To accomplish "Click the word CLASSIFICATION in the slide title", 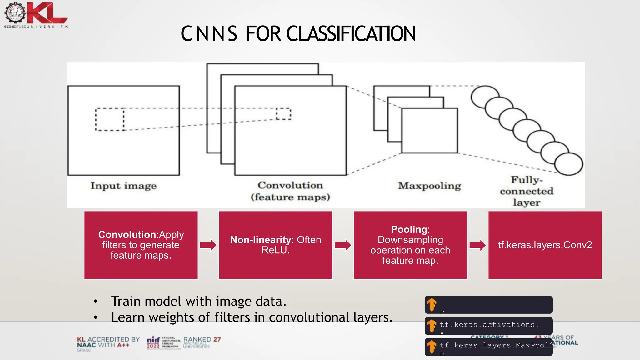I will click(351, 34).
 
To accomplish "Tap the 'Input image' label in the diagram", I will click(123, 186).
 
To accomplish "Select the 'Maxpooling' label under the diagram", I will click(429, 186).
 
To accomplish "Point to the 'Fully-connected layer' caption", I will click(527, 191).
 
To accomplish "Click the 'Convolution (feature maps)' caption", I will click(290, 191).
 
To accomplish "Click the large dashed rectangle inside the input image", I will click(110, 119).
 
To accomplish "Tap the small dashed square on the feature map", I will click(283, 114).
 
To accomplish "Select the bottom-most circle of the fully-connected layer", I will click(568, 164).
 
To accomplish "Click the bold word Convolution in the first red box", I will click(127, 235).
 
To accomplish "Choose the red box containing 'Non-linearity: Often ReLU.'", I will click(276, 245).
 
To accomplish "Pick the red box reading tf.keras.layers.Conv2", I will click(545, 245).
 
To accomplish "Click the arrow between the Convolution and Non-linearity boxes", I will click(208, 245).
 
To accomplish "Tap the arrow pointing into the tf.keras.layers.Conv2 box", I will click(477, 245).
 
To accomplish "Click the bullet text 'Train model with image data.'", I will click(198, 302).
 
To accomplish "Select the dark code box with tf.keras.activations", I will click(488, 326).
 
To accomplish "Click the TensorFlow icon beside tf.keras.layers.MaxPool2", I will click(432, 347).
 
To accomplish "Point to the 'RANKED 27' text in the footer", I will click(202, 340).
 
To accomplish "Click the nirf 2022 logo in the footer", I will click(153, 343).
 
